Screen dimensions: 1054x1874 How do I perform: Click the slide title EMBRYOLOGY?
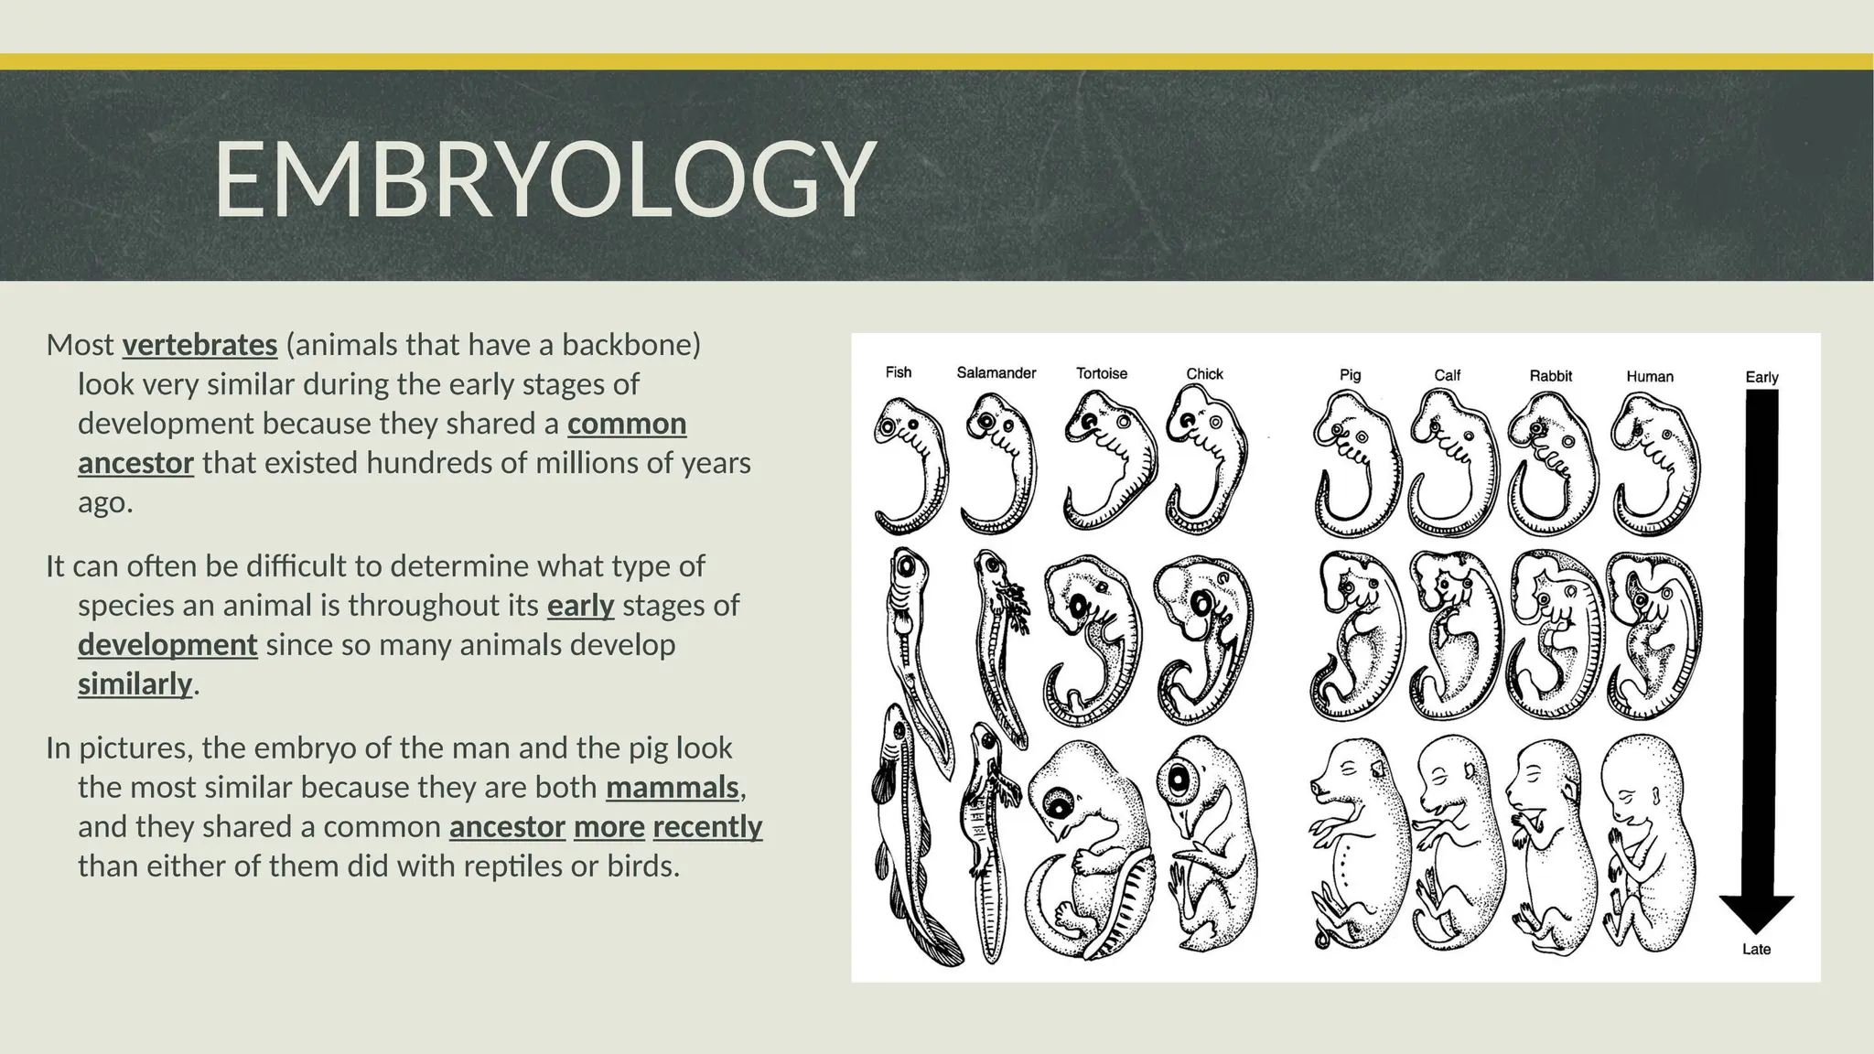(545, 179)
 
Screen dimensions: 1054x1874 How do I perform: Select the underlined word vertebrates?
(199, 345)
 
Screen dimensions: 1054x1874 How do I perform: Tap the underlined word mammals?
(672, 787)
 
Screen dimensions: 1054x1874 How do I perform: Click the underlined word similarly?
(135, 683)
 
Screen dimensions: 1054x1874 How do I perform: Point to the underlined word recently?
(707, 826)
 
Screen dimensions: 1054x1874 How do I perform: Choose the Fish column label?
(898, 372)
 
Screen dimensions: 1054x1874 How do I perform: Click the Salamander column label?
(996, 373)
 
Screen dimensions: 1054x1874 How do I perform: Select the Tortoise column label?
(1101, 373)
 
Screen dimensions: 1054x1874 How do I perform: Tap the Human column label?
(1649, 376)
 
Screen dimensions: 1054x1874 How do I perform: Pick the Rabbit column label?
(1550, 375)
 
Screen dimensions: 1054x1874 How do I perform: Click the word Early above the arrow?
(1761, 377)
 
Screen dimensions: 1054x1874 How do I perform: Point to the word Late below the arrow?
(1756, 950)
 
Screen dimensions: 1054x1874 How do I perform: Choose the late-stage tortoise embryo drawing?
(1089, 851)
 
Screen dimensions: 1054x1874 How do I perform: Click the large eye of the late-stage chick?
(1178, 779)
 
